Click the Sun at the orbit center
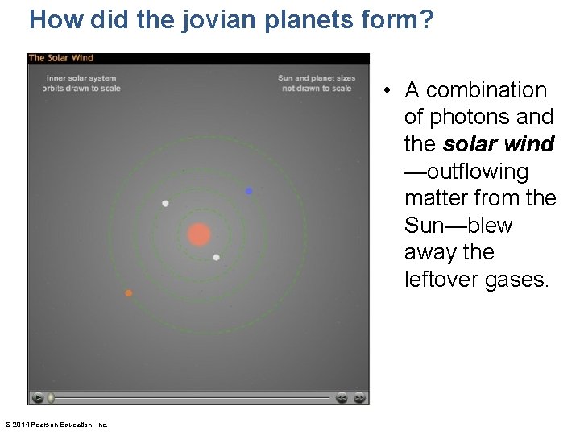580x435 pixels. tap(199, 234)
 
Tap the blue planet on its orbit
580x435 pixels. tap(249, 191)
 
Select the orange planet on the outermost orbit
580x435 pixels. tap(128, 293)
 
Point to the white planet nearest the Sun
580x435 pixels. tap(216, 258)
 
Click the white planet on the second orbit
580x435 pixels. tap(165, 204)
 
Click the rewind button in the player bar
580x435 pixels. tap(342, 397)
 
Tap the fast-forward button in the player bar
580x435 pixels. tap(359, 397)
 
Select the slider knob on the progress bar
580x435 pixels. tap(51, 397)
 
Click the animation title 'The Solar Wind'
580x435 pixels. tap(61, 58)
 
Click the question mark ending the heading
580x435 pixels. tap(426, 19)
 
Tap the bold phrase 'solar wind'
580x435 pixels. tap(499, 144)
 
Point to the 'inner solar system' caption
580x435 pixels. tap(81, 78)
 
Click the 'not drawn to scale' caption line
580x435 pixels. tap(317, 89)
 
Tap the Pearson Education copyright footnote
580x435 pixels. tap(56, 425)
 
